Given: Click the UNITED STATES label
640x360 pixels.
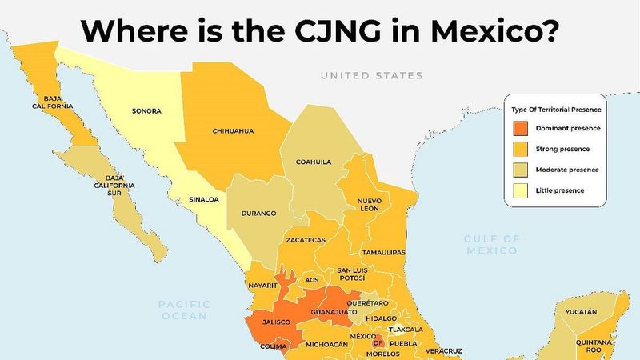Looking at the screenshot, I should [371, 76].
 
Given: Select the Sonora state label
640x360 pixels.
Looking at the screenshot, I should [146, 111].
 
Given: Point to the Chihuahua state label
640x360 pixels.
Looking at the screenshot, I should [233, 130].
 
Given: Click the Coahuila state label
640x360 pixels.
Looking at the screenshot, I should [313, 162].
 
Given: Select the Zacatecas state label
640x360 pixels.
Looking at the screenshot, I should [305, 240].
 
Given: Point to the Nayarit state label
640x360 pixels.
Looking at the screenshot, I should [262, 284].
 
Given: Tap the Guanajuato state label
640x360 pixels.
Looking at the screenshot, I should [335, 311].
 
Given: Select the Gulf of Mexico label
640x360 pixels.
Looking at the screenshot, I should [492, 245].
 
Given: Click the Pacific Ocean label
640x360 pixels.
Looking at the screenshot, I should [184, 310].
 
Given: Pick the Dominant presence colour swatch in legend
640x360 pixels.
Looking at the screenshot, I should [520, 128].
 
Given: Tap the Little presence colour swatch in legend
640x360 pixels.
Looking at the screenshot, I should [520, 190].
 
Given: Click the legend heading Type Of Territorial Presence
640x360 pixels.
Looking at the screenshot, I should [557, 108].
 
